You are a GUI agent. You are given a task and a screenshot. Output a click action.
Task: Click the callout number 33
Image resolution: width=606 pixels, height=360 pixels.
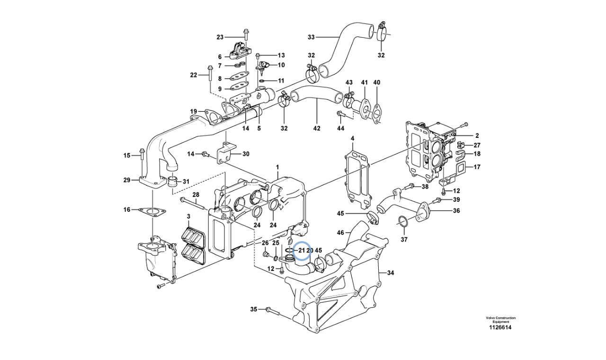click(x=311, y=36)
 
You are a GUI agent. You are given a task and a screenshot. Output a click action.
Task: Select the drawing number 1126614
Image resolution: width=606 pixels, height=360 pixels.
click(x=500, y=327)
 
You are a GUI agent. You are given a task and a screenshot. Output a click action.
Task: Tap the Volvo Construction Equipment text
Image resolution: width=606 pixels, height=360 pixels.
click(x=500, y=320)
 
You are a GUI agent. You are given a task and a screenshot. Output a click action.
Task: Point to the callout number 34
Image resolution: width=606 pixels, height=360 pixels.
click(x=391, y=273)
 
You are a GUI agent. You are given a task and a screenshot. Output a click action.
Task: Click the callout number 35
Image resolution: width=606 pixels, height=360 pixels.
click(x=253, y=309)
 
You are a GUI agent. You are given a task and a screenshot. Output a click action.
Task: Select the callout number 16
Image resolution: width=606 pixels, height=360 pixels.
click(x=126, y=209)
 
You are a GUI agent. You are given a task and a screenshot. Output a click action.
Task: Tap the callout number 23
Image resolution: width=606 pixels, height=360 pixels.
click(x=220, y=36)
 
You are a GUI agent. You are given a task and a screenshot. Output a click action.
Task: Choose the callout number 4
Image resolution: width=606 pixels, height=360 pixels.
click(x=352, y=138)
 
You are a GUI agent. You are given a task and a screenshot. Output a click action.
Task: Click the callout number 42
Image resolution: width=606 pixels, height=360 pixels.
click(x=317, y=128)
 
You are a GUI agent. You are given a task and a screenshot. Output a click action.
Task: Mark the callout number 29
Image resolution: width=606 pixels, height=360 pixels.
click(x=126, y=180)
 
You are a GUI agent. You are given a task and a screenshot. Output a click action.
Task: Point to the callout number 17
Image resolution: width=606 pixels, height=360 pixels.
click(x=477, y=167)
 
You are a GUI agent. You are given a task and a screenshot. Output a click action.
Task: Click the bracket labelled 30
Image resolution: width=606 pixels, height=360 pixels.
click(x=224, y=153)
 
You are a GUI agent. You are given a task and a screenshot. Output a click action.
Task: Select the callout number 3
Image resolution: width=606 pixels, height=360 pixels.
click(x=188, y=216)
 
